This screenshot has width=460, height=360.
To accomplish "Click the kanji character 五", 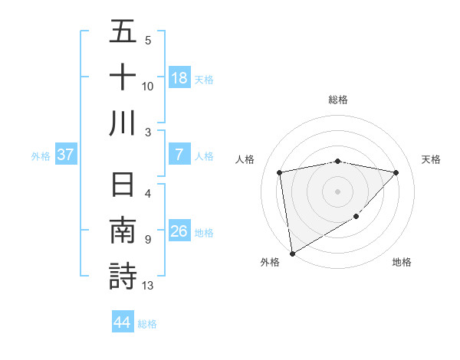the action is (123, 32).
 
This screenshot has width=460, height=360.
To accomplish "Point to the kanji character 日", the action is (123, 186).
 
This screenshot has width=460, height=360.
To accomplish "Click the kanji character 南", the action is (123, 231).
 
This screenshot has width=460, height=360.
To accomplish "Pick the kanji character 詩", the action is (123, 277).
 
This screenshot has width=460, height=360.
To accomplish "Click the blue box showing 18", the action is (179, 77).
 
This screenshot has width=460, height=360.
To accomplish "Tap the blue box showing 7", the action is (179, 155).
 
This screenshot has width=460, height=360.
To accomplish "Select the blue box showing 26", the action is (179, 231).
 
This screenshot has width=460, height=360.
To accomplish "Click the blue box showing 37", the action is (66, 155).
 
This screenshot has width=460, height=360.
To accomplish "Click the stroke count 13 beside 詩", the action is (148, 286).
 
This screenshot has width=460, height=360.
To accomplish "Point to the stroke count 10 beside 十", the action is (148, 86).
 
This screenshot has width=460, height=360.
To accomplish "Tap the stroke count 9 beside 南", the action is (147, 240).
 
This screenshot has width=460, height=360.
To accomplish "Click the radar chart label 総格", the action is (337, 100).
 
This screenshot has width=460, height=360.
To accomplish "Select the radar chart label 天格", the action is (432, 159).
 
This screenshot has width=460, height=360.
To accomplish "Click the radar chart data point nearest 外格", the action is (292, 253).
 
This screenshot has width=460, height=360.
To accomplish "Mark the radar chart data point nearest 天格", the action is (396, 172).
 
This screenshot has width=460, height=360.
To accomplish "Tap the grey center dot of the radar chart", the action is (337, 191).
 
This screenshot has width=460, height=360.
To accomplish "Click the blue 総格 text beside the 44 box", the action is (148, 324).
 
